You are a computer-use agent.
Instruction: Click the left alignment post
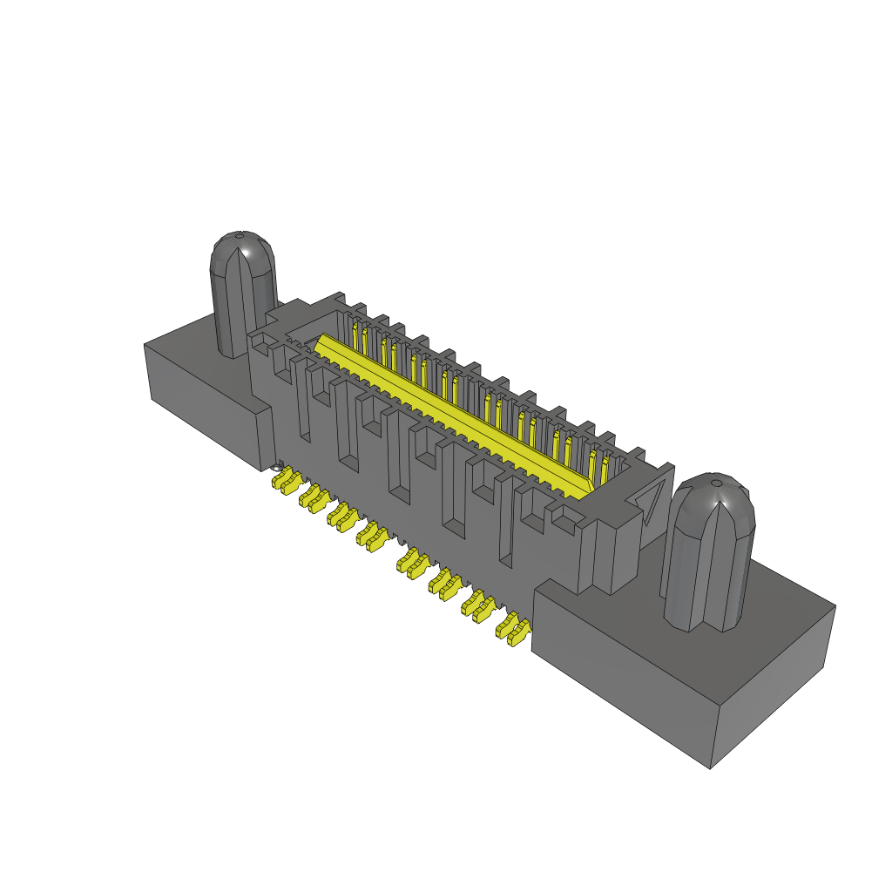tap(242, 296)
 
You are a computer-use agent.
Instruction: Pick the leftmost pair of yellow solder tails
tap(286, 481)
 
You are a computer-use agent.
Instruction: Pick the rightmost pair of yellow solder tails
tap(514, 629)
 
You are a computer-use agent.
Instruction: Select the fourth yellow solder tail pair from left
tap(373, 537)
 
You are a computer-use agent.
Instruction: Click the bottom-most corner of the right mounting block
tap(710, 767)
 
